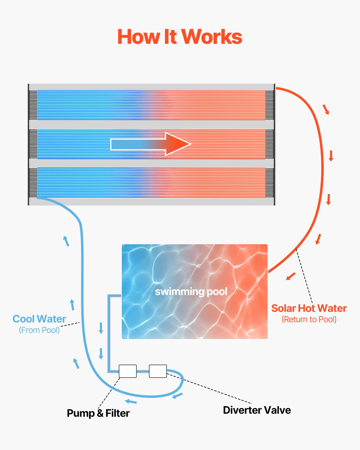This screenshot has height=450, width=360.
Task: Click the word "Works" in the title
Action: [212, 37]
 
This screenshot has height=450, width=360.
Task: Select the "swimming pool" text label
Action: [191, 292]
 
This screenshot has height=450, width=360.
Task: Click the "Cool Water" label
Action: [39, 319]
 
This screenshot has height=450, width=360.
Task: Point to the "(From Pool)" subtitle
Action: [39, 330]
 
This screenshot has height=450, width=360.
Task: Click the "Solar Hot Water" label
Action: [309, 308]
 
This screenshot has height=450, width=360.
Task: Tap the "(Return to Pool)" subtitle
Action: [309, 319]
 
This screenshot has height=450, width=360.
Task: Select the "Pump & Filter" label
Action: [98, 413]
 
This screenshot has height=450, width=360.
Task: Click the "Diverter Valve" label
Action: [257, 410]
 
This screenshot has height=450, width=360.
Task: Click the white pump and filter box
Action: [128, 371]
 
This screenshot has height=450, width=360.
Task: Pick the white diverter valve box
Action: [158, 371]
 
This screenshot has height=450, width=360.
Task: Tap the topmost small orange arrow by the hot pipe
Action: [326, 109]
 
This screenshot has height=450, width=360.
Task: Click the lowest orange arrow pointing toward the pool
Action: [291, 276]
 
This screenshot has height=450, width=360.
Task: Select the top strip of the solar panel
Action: [151, 105]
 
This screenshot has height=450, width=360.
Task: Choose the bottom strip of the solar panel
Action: [151, 183]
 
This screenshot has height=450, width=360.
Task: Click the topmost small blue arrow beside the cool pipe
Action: [66, 241]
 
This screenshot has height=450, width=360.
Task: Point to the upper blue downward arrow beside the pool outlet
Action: [101, 328]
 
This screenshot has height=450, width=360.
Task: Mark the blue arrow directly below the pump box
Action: [131, 402]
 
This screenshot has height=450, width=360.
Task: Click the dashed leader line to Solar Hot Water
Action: [304, 276]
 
